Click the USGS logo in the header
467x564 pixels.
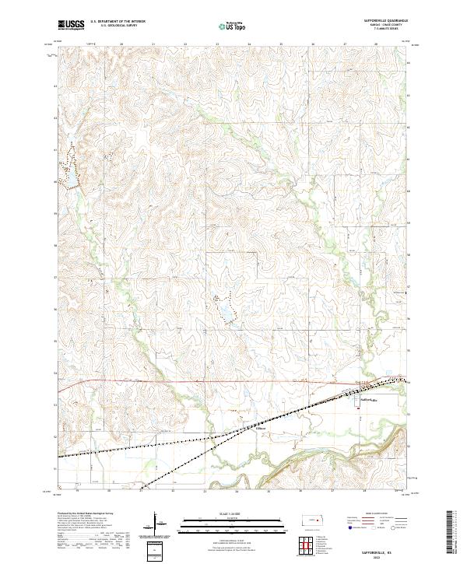tap(71, 26)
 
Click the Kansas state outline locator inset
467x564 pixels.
tap(314, 520)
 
